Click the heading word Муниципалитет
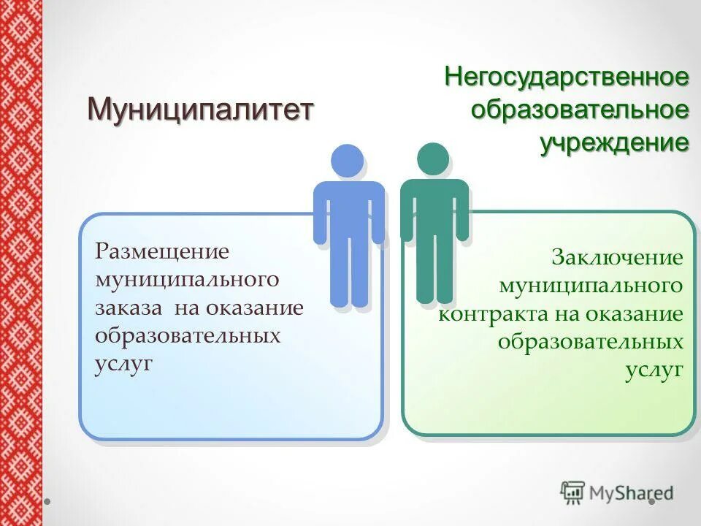pyautogui.click(x=200, y=110)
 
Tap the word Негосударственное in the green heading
pyautogui.click(x=567, y=77)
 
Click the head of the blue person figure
pyautogui.click(x=347, y=161)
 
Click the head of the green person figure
pyautogui.click(x=433, y=159)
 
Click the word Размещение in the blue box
pyautogui.click(x=162, y=251)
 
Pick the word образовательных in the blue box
pyautogui.click(x=188, y=336)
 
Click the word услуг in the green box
pyautogui.click(x=654, y=370)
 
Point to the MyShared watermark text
pyautogui.click(x=632, y=494)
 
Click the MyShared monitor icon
pyautogui.click(x=573, y=493)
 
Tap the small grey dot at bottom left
pyautogui.click(x=47, y=503)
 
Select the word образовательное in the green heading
pyautogui.click(x=580, y=110)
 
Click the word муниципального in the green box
pyautogui.click(x=591, y=286)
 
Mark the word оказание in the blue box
pyautogui.click(x=254, y=308)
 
